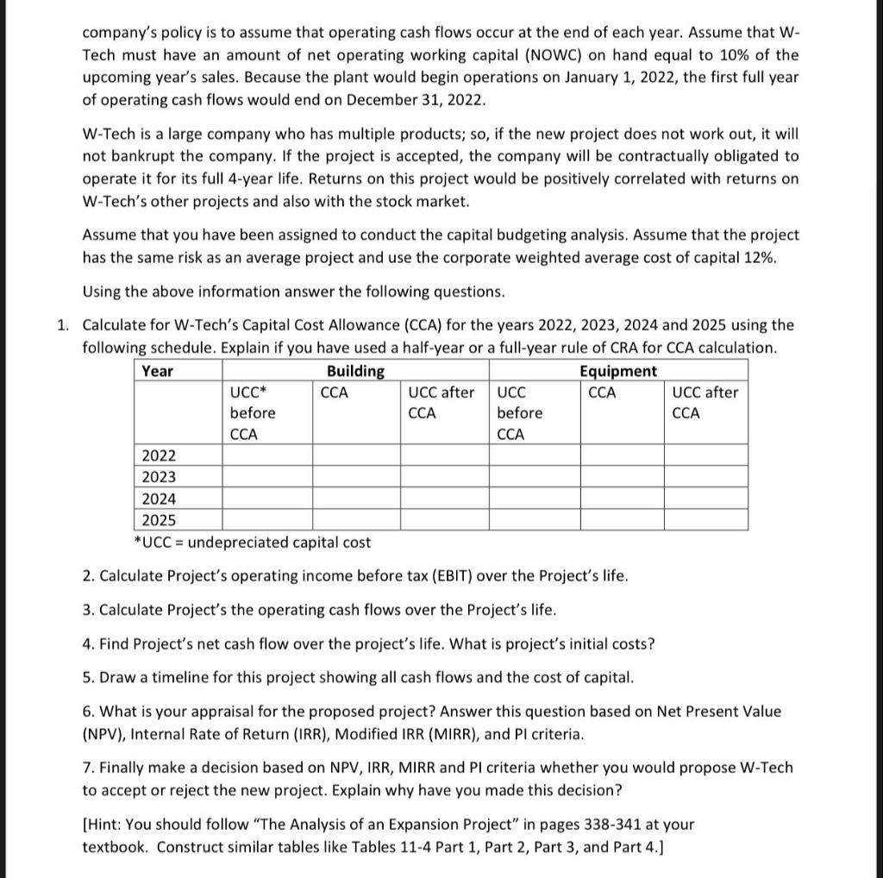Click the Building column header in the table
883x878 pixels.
click(x=355, y=371)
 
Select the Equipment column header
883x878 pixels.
click(x=617, y=371)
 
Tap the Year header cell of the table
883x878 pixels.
click(x=157, y=371)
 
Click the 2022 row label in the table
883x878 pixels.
click(x=159, y=455)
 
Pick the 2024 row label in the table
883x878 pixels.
click(x=159, y=499)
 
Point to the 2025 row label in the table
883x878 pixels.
click(x=159, y=520)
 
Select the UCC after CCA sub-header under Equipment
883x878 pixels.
click(x=705, y=403)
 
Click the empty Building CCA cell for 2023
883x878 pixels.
click(x=355, y=477)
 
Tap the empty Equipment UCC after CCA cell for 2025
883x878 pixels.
click(x=705, y=520)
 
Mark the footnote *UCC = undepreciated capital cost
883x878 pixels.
click(x=252, y=542)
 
